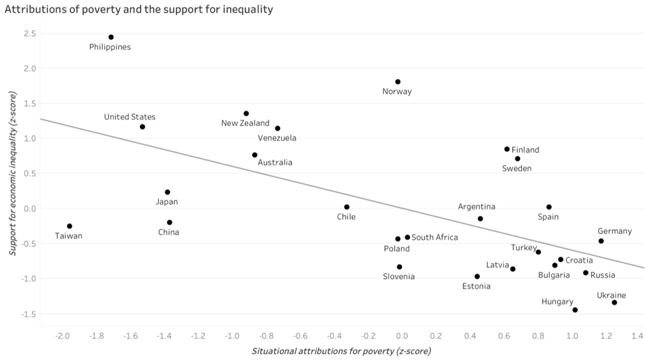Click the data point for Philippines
(111, 37)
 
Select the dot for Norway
(398, 82)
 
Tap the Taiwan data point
(70, 226)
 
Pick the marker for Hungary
(575, 310)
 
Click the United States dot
(143, 127)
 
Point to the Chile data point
(347, 207)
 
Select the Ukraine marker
(614, 302)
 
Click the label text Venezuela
(277, 138)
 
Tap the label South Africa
(434, 237)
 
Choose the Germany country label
(614, 231)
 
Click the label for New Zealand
(245, 123)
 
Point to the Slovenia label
(399, 276)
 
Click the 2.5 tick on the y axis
(29, 33)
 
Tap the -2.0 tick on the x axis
(63, 336)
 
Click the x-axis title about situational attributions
(342, 351)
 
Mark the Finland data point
(507, 149)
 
